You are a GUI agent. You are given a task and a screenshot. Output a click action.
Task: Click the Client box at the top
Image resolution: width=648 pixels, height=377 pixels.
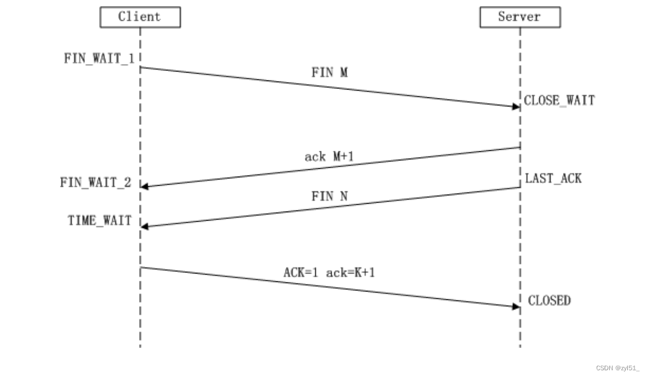pos(140,17)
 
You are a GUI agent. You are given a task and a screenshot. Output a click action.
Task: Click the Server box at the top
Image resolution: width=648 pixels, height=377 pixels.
pos(520,17)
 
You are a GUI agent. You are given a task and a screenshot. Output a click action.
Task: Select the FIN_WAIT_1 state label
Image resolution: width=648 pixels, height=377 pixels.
pos(99,59)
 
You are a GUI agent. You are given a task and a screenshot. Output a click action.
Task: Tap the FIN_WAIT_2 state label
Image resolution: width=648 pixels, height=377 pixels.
pos(96,182)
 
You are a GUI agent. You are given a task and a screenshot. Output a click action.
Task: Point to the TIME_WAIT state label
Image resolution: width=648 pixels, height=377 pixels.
pos(99,221)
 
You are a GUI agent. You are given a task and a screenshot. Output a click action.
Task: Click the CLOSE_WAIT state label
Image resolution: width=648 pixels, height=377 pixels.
pos(559,101)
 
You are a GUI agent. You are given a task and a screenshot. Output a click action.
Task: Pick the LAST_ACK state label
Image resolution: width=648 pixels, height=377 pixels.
pos(553,179)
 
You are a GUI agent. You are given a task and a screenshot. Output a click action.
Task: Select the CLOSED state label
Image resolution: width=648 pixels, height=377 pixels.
pos(549,301)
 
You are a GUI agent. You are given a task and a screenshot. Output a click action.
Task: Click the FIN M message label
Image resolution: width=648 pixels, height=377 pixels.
pos(329,73)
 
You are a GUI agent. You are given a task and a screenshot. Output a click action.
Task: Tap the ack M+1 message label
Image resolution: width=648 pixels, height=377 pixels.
pos(329,156)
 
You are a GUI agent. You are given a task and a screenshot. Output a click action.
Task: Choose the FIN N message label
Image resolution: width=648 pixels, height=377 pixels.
pos(329,197)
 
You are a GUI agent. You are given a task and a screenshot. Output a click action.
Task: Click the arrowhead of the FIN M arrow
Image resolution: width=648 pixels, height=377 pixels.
pos(516,106)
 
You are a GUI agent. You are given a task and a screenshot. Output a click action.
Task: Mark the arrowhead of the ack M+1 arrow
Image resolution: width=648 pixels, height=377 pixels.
pos(145,186)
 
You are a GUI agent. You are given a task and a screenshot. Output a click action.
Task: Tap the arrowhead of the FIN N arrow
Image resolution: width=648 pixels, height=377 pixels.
pos(145,226)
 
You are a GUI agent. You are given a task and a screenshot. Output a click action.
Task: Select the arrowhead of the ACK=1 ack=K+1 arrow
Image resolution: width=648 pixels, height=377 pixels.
pos(516,307)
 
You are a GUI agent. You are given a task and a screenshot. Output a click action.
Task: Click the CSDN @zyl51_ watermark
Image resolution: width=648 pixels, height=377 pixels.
pos(617,368)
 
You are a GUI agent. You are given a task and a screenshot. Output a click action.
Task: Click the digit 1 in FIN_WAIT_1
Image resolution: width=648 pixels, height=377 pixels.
pos(131,59)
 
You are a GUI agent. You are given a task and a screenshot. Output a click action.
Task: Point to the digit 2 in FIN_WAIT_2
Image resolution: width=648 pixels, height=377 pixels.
pos(128,182)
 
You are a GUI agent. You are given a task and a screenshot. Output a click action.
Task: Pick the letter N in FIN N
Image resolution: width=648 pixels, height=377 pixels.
pos(343,197)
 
